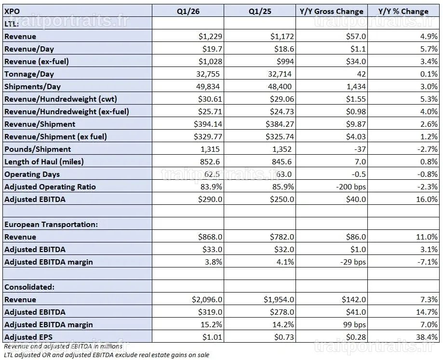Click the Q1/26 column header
[x=188, y=11]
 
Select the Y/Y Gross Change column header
[x=332, y=11]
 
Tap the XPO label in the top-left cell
[x=12, y=11]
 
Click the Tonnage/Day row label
[x=29, y=74]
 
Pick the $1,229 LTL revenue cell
[x=210, y=37]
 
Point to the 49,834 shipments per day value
[x=208, y=86]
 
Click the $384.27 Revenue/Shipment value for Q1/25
[x=280, y=124]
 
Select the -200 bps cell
[x=351, y=187]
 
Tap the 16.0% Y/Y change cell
[x=427, y=199]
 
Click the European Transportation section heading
[x=51, y=224]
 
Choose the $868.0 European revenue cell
[x=210, y=237]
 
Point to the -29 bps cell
[x=353, y=262]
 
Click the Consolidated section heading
[x=29, y=287]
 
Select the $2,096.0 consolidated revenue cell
[x=207, y=299]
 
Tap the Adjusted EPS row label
[x=28, y=337]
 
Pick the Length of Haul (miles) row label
[x=44, y=161]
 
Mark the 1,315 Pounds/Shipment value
[x=210, y=149]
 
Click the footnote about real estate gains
[x=107, y=355]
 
